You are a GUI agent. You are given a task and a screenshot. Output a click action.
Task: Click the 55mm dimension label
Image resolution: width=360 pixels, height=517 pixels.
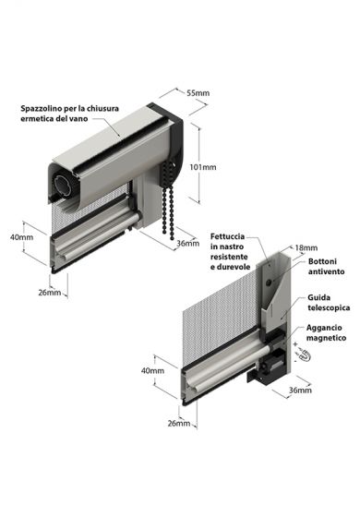pyautogui.click(x=198, y=93)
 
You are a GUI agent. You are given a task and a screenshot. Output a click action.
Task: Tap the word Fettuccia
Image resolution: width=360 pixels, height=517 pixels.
pyautogui.click(x=226, y=235)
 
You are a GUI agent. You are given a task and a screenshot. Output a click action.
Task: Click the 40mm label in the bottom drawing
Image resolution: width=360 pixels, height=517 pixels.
pyautogui.click(x=153, y=371)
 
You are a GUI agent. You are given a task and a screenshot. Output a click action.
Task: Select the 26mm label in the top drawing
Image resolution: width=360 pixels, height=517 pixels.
pyautogui.click(x=49, y=293)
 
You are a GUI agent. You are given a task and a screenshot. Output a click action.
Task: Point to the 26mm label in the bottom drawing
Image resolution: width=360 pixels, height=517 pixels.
pyautogui.click(x=181, y=424)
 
